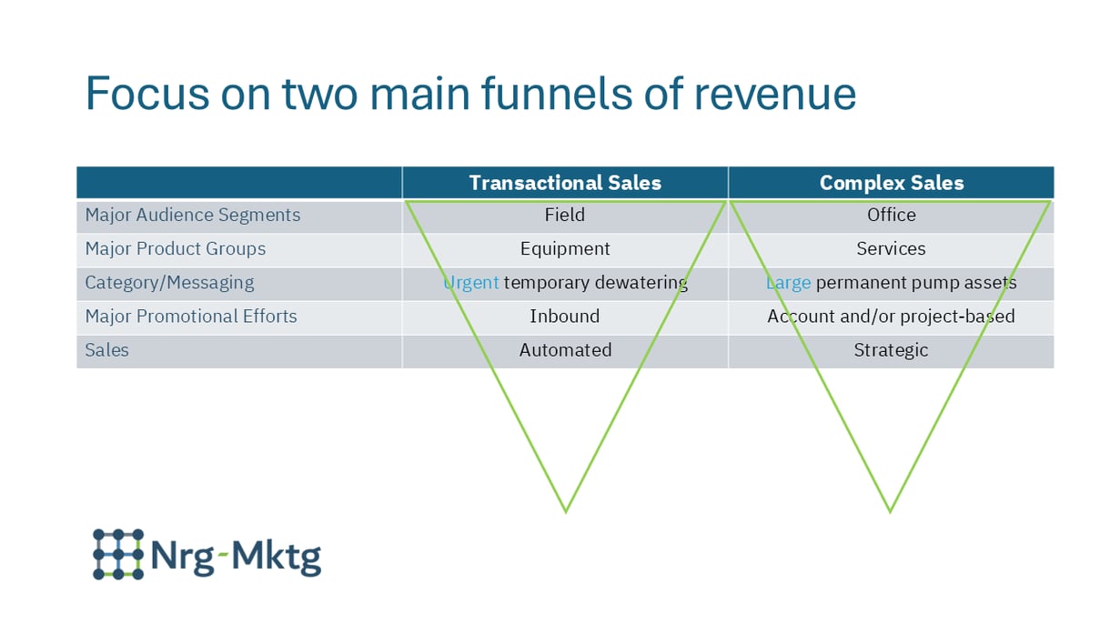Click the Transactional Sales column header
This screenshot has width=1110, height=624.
pos(565,183)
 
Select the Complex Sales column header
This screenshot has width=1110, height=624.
pos(891,183)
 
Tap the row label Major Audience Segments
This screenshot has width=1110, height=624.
pos(192,216)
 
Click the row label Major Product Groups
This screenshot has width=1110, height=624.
pos(175,249)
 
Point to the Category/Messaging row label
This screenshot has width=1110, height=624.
pos(169,283)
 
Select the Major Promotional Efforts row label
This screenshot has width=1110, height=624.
pos(191,317)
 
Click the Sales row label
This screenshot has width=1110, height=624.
pos(106,350)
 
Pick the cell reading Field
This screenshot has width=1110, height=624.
pos(565,216)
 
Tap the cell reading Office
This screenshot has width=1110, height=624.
pos(891,216)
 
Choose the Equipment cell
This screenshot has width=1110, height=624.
pos(565,249)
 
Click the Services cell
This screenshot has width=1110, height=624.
pos(891,249)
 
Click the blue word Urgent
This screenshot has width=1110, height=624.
pos(471,283)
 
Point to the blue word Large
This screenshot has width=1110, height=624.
pos(788,283)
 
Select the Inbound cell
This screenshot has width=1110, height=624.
pos(565,317)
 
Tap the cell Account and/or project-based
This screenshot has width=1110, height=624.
pos(891,317)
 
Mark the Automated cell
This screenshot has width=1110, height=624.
pos(565,350)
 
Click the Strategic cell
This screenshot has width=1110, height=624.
pos(891,350)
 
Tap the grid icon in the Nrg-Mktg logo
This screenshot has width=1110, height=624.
pos(118,554)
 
